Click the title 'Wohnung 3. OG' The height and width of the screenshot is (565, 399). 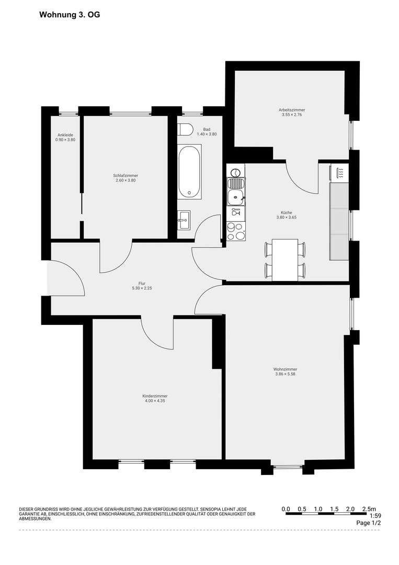70,16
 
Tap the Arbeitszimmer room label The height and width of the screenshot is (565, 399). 292,109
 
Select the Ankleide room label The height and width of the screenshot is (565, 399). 65,135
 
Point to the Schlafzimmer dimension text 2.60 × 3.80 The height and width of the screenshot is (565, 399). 126,180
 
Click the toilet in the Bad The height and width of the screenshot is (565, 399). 186,129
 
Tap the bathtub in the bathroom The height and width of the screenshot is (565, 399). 189,172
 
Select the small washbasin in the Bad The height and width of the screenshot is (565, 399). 184,220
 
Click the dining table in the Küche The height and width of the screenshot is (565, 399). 285,259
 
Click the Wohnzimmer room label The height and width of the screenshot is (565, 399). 285,369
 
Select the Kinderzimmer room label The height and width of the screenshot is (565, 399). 155,396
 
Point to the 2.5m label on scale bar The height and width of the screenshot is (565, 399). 369,508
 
